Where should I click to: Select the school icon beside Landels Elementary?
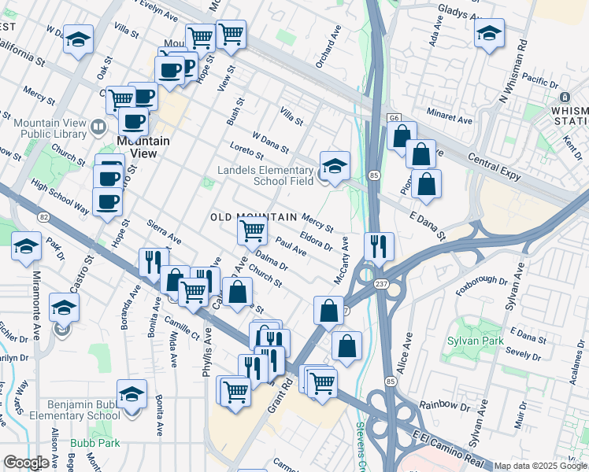pos(335,168)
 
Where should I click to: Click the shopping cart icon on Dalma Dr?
pos(252,231)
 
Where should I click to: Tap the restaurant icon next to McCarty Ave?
pos(379,246)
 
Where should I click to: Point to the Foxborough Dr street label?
pos(481,281)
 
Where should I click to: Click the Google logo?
pos(26,463)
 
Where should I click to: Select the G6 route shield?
pos(394,119)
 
